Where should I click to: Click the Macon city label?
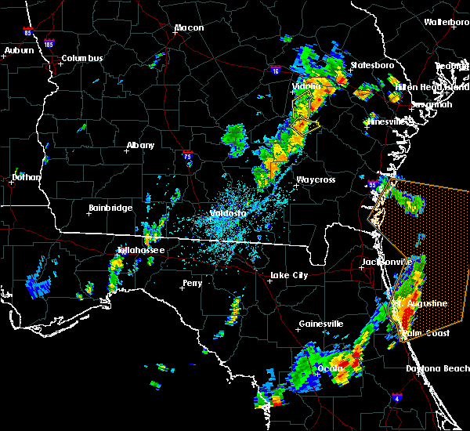(x=189, y=28)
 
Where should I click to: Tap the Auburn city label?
(x=20, y=51)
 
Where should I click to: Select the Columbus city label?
(x=82, y=59)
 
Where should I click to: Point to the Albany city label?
(x=140, y=146)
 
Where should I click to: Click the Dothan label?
(x=26, y=178)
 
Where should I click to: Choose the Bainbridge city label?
(x=110, y=208)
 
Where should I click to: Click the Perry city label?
(x=192, y=284)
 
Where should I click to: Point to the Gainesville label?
(x=321, y=324)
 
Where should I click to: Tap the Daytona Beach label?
(x=438, y=368)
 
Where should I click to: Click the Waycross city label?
(x=315, y=180)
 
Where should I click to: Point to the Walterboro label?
(x=446, y=22)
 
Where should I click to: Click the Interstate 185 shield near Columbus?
(x=49, y=44)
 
